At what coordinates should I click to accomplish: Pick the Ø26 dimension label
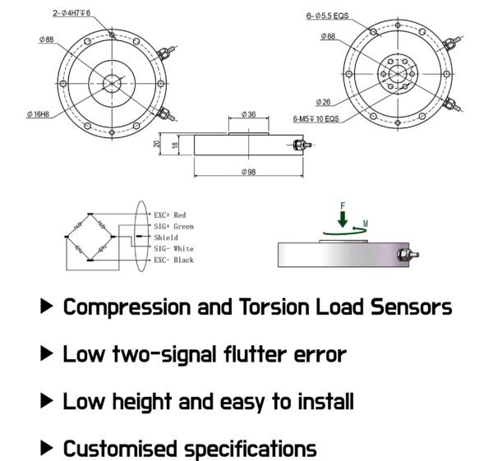point(322,102)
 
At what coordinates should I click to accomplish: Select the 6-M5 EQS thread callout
point(319,119)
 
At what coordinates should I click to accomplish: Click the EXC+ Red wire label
point(170,214)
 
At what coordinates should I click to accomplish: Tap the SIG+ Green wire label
point(173,226)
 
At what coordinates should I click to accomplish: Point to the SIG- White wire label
point(173,248)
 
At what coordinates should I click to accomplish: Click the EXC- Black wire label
point(173,260)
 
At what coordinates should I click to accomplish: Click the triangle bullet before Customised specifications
point(48,449)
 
